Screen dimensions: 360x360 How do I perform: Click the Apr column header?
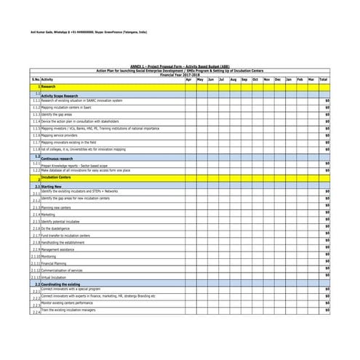(190, 79)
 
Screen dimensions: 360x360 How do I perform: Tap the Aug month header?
(233, 79)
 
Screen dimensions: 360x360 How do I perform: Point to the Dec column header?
(278, 79)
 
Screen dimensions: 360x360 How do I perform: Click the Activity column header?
(47, 79)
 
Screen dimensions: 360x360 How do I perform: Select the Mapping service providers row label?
(59, 135)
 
